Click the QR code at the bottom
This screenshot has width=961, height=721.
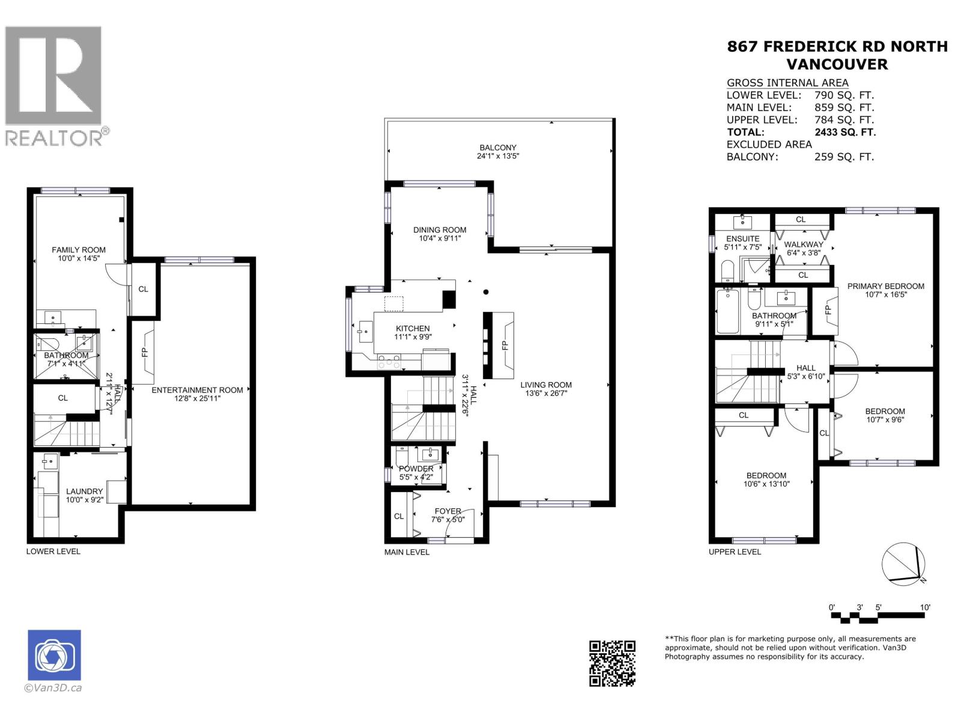[x=612, y=663]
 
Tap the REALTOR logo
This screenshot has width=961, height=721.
[x=54, y=85]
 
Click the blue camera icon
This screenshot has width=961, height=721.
[x=54, y=655]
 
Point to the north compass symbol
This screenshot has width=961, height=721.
[x=903, y=563]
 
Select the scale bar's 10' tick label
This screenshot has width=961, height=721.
[x=925, y=607]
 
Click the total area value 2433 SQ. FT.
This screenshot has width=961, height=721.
[x=844, y=132]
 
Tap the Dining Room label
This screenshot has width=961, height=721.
[x=440, y=230]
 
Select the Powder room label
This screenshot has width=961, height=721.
[x=416, y=469]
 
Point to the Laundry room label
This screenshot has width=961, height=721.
[x=84, y=491]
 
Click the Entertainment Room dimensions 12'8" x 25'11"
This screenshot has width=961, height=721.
[x=197, y=398]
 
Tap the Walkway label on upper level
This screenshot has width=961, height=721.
[x=803, y=244]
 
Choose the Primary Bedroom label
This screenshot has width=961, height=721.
[x=885, y=286]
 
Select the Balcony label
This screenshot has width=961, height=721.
[x=497, y=147]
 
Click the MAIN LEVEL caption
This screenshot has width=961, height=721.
[x=407, y=552]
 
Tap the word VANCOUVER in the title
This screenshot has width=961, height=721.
[x=837, y=64]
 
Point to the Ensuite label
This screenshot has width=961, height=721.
[x=743, y=239]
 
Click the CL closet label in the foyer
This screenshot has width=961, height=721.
[x=399, y=516]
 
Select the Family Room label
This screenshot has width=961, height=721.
[x=78, y=249]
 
